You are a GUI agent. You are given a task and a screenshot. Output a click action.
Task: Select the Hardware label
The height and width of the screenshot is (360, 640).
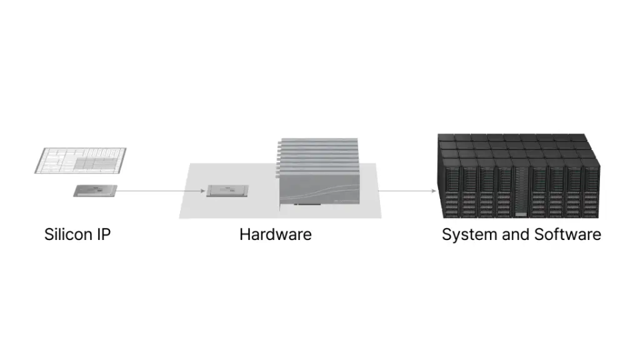coord(275,235)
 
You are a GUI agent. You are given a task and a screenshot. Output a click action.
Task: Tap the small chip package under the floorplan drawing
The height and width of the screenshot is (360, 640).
coord(95,191)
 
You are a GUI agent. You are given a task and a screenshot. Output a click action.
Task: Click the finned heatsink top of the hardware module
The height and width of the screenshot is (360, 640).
coord(319,153)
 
